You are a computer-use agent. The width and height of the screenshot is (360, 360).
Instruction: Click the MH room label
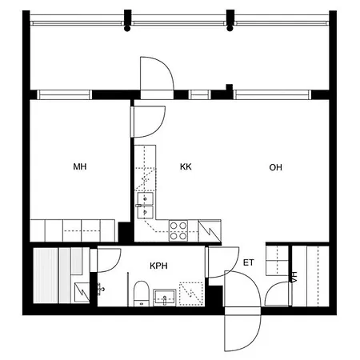(x=80, y=166)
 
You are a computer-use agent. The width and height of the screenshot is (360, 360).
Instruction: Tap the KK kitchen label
(x=186, y=166)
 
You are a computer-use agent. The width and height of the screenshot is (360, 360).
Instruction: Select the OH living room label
(x=275, y=167)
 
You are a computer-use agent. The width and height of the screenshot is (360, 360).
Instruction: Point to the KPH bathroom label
(x=158, y=266)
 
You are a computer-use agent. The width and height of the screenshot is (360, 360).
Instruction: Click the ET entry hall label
(x=248, y=262)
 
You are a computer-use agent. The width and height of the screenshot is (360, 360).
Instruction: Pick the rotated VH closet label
(x=294, y=277)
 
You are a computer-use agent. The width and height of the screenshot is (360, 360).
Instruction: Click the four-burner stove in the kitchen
(x=178, y=230)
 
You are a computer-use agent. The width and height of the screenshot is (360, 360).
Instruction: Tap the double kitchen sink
(x=146, y=206)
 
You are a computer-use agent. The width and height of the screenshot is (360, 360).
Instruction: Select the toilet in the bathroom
(x=141, y=294)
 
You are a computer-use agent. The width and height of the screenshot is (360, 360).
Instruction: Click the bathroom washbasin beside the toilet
(x=165, y=298)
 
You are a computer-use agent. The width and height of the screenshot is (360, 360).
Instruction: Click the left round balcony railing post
(x=127, y=28)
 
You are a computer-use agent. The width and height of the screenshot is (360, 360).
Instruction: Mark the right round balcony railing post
(x=230, y=28)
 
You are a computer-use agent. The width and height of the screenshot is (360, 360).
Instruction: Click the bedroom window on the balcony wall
(x=64, y=94)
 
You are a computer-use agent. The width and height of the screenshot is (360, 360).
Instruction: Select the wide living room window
(x=272, y=94)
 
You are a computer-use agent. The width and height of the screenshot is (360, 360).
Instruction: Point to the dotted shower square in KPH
(x=191, y=294)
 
